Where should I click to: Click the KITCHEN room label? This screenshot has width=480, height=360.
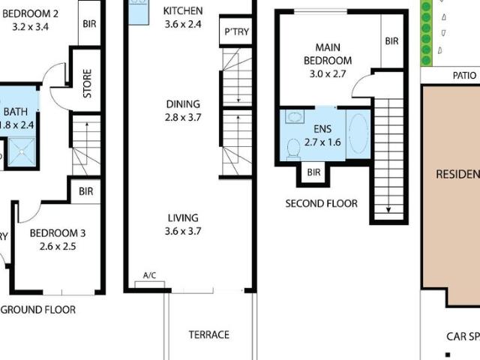click(183, 10)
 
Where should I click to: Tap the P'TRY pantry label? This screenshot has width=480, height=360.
click(235, 32)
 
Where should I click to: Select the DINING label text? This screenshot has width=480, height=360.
click(183, 104)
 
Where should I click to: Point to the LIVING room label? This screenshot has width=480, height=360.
click(183, 218)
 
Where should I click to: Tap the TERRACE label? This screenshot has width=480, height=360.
click(208, 334)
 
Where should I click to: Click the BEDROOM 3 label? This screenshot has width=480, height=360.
click(58, 233)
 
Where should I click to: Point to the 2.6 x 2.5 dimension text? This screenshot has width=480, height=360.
click(58, 247)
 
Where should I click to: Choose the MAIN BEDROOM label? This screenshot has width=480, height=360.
click(328, 54)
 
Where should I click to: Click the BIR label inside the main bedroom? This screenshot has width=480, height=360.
click(391, 41)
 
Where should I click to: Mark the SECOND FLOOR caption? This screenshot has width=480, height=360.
click(321, 203)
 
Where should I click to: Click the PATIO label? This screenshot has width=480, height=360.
click(464, 76)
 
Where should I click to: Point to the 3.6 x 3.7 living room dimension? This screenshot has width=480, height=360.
click(183, 232)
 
